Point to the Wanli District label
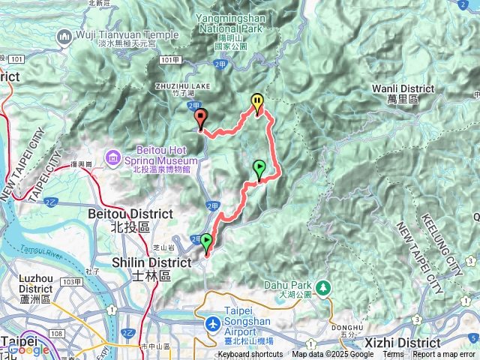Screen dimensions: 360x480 (x=403, y=93)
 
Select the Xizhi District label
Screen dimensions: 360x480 (x=430, y=342)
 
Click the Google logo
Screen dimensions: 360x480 (x=28, y=350)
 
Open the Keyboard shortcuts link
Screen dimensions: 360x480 (x=250, y=355)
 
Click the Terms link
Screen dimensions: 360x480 (x=393, y=355)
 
